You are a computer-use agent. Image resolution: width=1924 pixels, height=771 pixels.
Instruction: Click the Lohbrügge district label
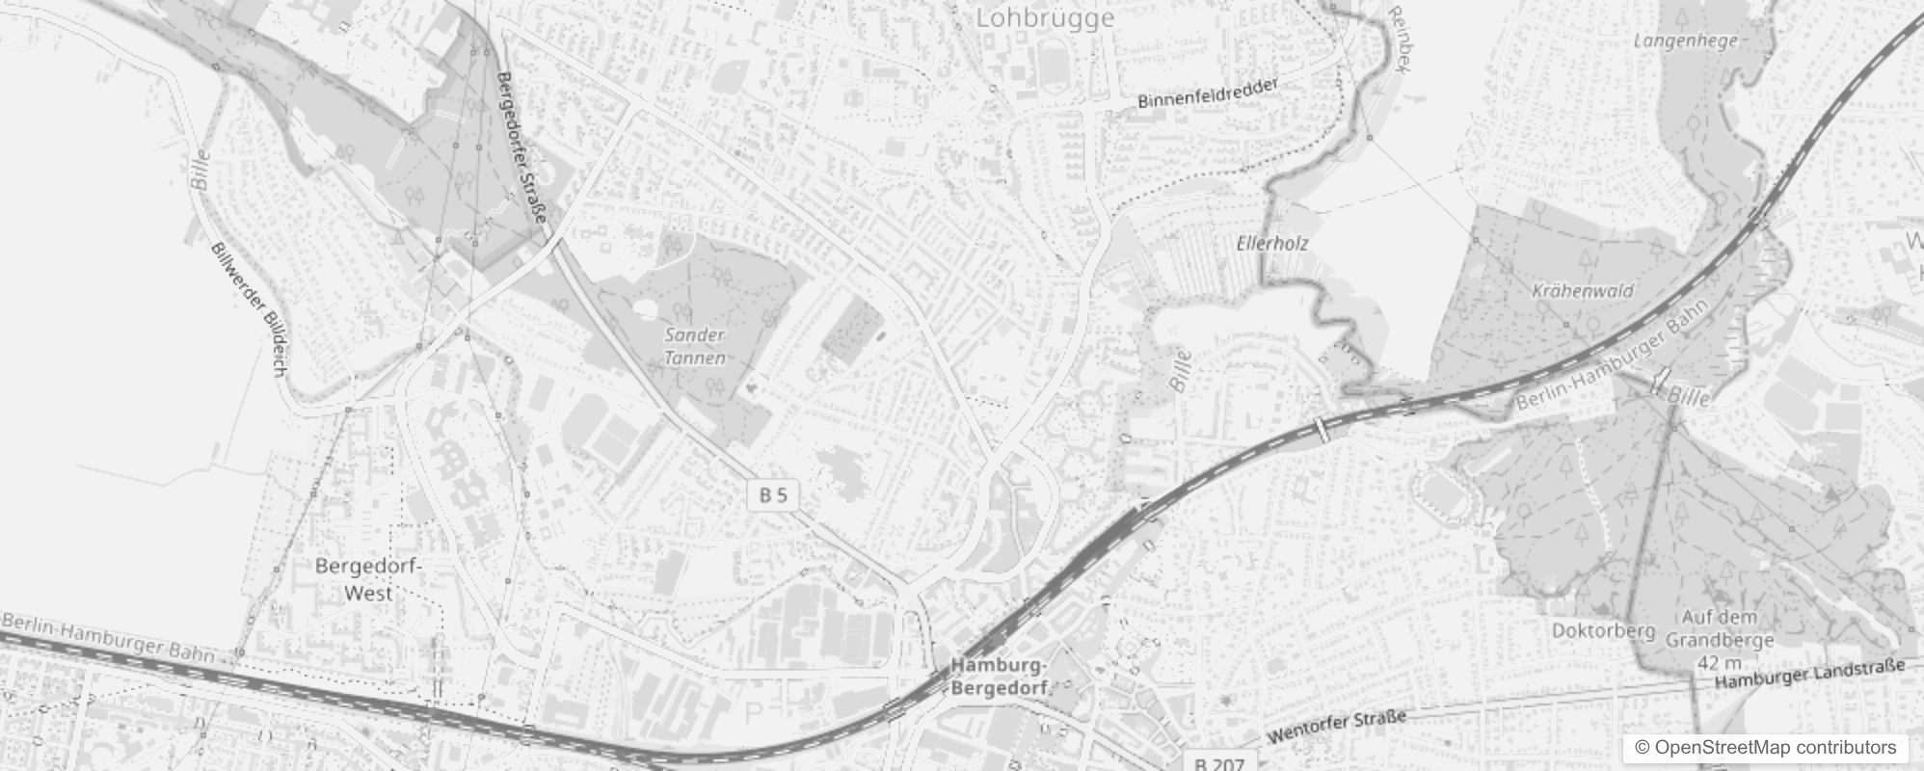click(x=1045, y=18)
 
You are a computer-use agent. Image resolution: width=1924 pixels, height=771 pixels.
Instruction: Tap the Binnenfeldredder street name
click(x=1208, y=93)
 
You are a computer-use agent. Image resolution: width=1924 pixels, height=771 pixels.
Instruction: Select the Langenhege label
click(x=1686, y=40)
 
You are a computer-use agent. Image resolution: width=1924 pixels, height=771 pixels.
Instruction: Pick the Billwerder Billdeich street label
click(x=248, y=308)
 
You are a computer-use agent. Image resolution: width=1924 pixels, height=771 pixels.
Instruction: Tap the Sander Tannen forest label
click(x=694, y=346)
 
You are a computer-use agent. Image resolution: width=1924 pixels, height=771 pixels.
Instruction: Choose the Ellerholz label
click(x=1272, y=244)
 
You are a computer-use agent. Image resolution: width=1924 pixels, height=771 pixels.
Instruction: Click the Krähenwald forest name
click(x=1582, y=290)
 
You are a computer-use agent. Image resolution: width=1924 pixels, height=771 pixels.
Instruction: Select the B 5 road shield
click(x=772, y=495)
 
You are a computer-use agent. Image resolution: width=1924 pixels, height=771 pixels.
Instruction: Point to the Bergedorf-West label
click(x=368, y=579)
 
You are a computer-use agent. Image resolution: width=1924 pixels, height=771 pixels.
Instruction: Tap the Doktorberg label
click(x=1603, y=630)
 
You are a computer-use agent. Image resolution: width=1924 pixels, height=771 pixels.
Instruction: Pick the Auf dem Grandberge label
click(x=1720, y=628)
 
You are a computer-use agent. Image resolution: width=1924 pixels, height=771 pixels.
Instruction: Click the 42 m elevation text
click(x=1720, y=663)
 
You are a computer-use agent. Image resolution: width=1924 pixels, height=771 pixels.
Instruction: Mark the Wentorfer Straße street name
click(x=1336, y=726)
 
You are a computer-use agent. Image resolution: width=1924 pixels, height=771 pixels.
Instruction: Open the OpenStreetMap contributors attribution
click(x=1765, y=748)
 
